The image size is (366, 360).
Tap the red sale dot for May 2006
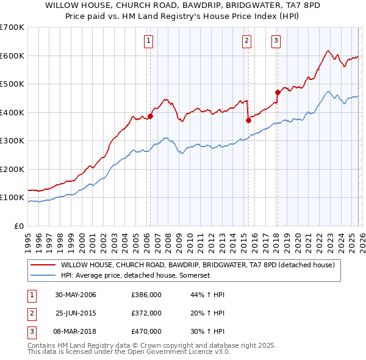click(150, 116)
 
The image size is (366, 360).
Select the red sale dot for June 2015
click(248, 120)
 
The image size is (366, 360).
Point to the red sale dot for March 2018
click(278, 93)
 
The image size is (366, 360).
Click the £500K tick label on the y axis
click(12, 84)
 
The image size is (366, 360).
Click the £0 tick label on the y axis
click(18, 226)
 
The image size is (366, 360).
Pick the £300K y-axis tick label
click(12, 141)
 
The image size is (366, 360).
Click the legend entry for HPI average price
click(135, 276)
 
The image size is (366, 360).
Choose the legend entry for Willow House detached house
click(197, 265)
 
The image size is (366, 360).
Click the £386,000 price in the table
click(146, 295)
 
